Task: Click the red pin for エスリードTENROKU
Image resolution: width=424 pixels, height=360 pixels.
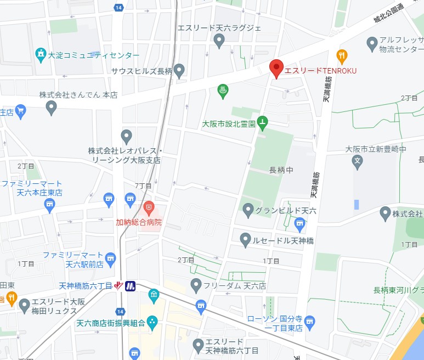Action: (276, 68)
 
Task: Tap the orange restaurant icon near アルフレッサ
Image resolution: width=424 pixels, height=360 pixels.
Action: (342, 55)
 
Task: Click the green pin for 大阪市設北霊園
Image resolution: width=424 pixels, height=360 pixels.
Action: (263, 123)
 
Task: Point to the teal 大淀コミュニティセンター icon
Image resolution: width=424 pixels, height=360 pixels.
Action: (40, 54)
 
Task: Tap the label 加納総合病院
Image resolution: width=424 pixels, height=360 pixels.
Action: (139, 223)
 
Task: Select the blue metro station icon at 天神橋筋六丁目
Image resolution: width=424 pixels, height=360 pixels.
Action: (130, 286)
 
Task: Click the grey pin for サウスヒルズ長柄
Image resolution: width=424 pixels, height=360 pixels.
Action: (179, 70)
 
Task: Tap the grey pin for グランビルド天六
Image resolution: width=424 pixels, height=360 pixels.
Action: (248, 209)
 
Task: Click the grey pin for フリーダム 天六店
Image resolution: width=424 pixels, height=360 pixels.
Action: (196, 284)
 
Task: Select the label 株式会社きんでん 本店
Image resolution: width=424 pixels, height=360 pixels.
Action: (78, 95)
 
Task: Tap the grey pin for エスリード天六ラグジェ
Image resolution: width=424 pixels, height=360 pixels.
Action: (219, 40)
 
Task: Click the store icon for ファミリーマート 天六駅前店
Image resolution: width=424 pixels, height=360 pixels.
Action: (111, 257)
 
